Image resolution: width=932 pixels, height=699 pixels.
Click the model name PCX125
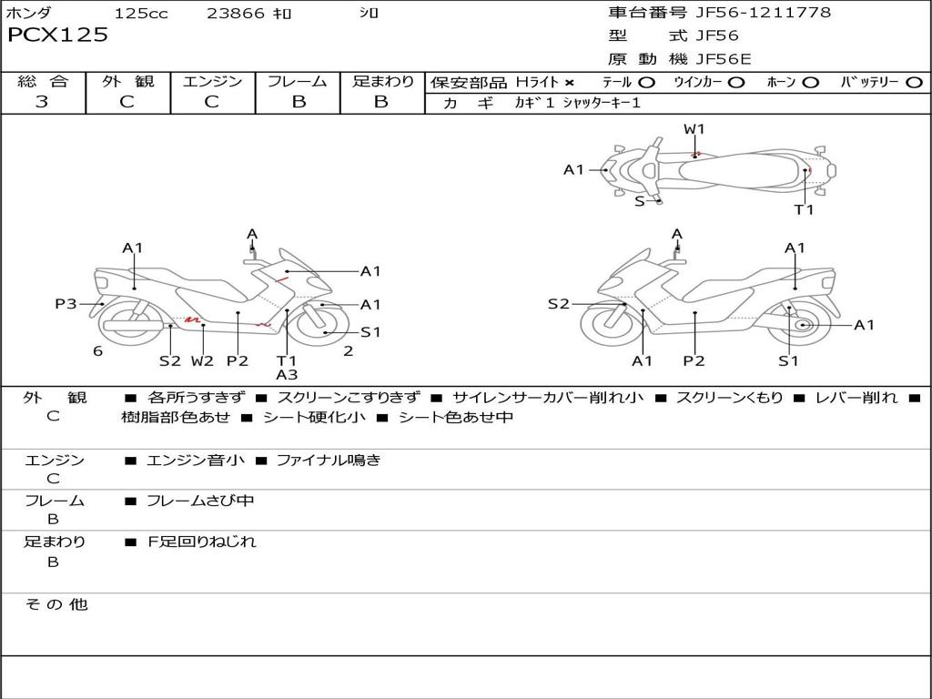point(57,35)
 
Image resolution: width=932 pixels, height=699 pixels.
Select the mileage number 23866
point(236,14)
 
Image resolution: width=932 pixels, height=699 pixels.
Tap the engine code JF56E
point(724,59)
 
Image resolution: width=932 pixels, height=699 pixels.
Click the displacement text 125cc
point(141,14)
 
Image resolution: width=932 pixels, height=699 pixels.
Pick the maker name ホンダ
point(28,14)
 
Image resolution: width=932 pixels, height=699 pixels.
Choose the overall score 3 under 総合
point(42,101)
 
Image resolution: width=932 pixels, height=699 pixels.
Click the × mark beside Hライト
point(569,82)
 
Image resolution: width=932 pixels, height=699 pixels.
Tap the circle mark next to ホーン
point(811,82)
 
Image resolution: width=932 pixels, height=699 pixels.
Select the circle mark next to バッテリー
point(914,82)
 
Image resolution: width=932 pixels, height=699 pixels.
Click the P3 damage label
point(66,304)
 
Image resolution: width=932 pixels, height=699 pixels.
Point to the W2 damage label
point(202,360)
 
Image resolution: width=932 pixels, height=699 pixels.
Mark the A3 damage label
point(287,374)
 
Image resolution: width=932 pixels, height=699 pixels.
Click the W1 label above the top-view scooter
point(694,129)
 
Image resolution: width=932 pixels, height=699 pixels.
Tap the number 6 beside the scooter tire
point(97,351)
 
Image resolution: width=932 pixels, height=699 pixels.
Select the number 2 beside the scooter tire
point(349,350)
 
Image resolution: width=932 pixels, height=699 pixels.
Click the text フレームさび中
point(200,501)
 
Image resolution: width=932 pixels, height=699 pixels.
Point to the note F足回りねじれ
point(202,542)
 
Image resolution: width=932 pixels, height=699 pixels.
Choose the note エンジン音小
point(196,461)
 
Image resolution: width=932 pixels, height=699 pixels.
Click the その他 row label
point(56,604)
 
